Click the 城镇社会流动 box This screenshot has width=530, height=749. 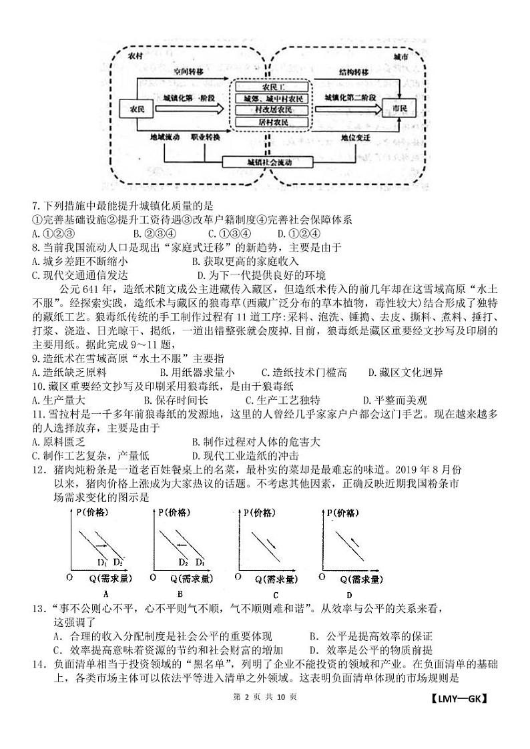[260, 162]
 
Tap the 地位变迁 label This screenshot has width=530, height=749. [355, 137]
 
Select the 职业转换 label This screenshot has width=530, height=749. [206, 137]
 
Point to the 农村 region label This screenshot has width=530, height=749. [135, 57]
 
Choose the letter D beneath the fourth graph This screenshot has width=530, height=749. [349, 595]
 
